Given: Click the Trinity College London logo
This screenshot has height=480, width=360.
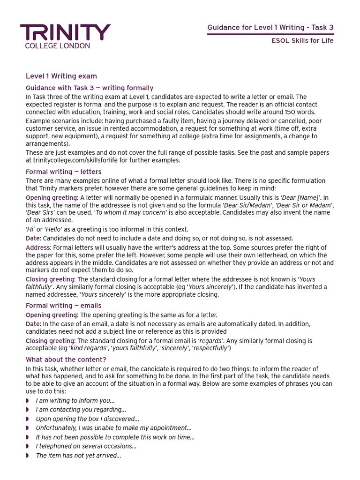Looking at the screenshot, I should point(65,36).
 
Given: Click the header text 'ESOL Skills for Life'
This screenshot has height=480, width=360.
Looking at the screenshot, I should point(302,40).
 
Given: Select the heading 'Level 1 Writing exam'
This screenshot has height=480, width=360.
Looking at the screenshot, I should point(61,76).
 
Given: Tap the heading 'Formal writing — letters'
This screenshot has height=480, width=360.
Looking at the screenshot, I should point(64,172).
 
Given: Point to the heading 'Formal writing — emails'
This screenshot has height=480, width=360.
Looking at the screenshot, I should point(63,306).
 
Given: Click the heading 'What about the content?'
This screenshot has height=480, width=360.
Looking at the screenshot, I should point(66,360).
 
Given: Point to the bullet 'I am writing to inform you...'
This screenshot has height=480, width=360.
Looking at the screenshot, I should point(75,401).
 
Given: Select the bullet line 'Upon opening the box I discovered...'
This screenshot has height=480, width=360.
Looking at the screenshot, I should point(88,419).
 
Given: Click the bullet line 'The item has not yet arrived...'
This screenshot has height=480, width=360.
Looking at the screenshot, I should point(78,456).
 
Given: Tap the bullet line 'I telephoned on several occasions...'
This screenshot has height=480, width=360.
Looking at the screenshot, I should point(86,446).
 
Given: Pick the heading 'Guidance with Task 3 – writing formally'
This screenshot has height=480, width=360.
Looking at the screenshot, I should point(90,88).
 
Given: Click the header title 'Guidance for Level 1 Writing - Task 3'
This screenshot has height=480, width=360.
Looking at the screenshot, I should point(270,28).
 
